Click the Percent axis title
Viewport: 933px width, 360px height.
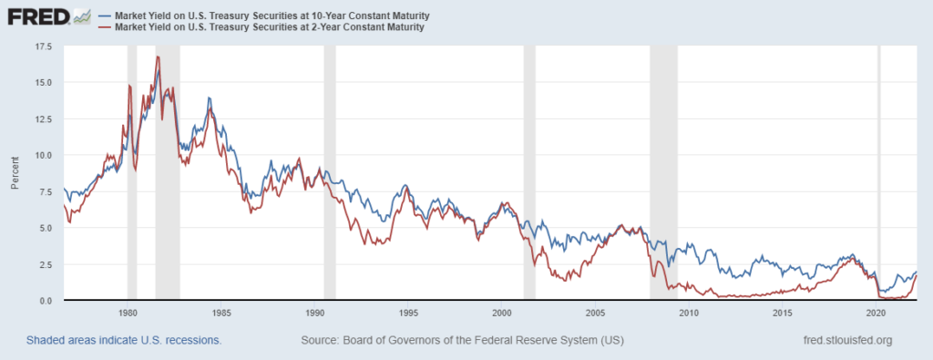[x=15, y=173]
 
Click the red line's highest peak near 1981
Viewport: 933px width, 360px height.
[x=158, y=57]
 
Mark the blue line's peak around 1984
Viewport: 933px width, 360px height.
[x=210, y=98]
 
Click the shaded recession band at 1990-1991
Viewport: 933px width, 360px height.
[x=329, y=173]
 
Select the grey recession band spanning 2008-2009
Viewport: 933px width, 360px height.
[x=663, y=173]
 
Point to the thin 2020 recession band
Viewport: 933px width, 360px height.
[x=878, y=173]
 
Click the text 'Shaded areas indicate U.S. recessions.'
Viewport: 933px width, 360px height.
[x=124, y=341]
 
